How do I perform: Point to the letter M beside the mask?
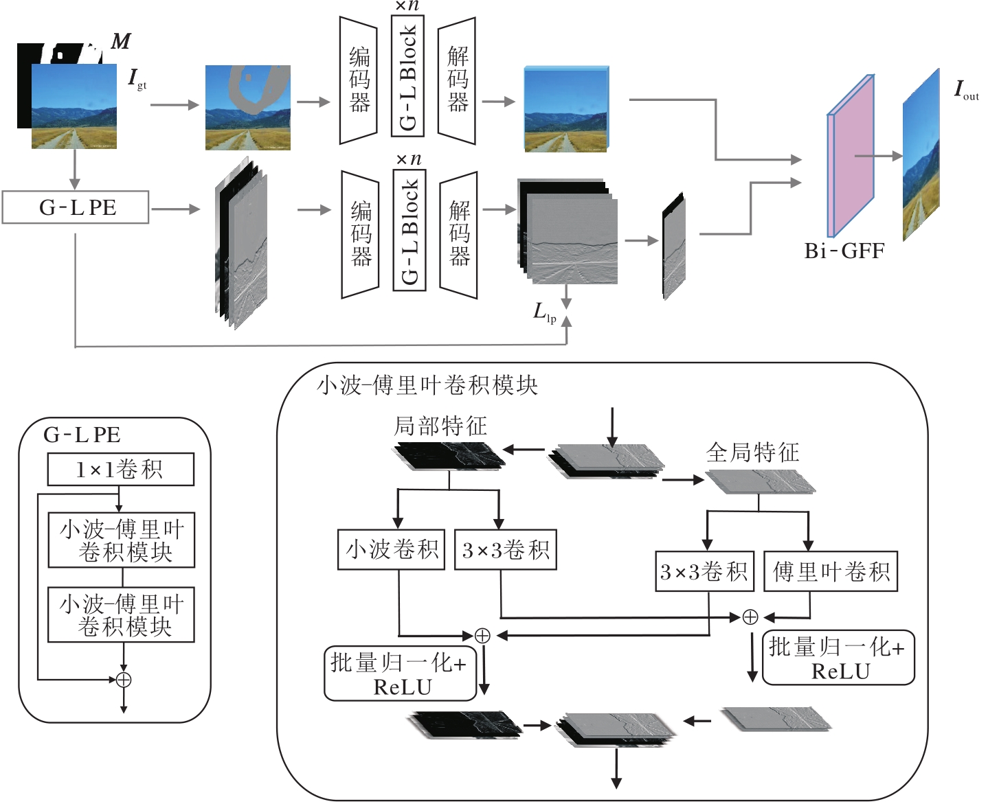pos(121,42)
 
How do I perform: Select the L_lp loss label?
pos(544,312)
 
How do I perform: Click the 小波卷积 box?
pos(392,549)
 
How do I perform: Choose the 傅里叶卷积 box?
pos(831,571)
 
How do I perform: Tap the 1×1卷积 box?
pos(120,470)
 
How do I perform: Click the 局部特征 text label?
pos(440,426)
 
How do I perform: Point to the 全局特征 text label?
pos(752,452)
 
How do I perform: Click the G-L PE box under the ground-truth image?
pos(76,207)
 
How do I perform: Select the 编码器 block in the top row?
pos(359,80)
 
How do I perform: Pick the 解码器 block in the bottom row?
pos(458,235)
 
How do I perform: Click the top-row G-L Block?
pos(407,76)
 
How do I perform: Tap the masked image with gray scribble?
pos(247,108)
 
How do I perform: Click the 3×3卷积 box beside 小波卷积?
pos(505,549)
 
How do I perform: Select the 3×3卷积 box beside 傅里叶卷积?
pos(704,571)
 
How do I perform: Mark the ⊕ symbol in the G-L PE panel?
pos(124,680)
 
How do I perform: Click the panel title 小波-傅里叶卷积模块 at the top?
pos(427,385)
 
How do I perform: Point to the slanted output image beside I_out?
pos(921,154)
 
